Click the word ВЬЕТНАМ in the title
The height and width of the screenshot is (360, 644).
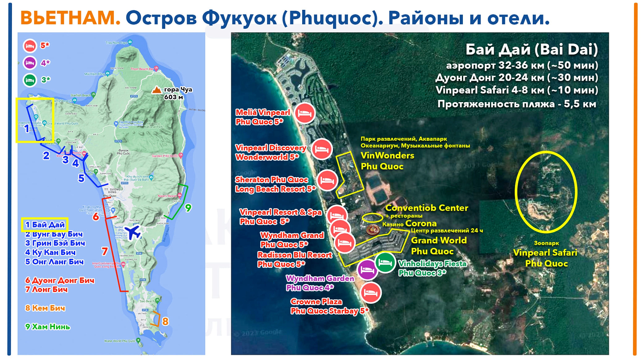coord(70,18)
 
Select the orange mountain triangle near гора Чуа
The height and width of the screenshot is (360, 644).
coord(157,90)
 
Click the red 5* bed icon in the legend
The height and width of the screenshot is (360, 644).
coord(30,45)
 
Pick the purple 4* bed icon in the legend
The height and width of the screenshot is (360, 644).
coord(30,63)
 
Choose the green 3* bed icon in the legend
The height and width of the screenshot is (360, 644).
coord(30,80)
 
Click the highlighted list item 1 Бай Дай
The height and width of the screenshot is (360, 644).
coord(45,225)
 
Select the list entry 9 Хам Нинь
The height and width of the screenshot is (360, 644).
coord(47,327)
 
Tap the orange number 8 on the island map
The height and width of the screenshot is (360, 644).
coord(165,321)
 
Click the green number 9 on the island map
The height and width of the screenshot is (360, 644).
coord(188,208)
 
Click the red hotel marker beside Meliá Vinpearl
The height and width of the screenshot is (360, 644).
coord(305,113)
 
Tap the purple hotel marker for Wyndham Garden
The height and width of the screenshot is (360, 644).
coord(367,270)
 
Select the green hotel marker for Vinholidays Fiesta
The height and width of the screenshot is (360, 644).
coord(385,262)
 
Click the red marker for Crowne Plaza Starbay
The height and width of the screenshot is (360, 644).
coord(371,293)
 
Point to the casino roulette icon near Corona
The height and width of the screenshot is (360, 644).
coord(373,229)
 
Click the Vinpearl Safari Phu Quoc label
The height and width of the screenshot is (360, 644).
coord(545,258)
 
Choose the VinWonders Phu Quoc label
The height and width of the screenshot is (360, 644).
coord(387,161)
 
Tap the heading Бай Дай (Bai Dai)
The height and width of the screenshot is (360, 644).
coord(532,50)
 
